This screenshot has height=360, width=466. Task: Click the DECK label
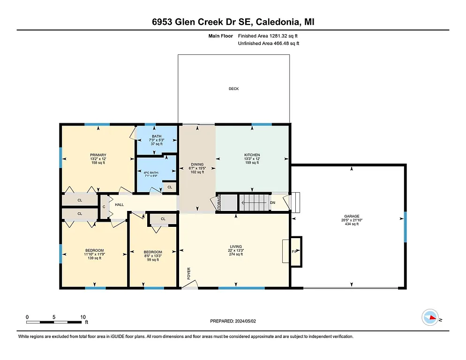click(233, 89)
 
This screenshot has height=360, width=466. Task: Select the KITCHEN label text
click(252, 155)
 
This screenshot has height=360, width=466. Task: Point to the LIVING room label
click(235, 247)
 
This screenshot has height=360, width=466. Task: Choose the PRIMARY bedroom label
click(98, 155)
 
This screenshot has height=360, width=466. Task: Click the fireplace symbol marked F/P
click(295, 252)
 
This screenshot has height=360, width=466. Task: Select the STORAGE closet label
click(219, 203)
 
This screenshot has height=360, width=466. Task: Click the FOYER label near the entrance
click(189, 274)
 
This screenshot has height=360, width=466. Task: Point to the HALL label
click(119, 204)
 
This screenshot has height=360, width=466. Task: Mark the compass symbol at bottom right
click(429, 318)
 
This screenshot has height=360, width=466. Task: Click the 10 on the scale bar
click(83, 317)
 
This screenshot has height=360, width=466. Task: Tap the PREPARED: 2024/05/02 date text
click(233, 321)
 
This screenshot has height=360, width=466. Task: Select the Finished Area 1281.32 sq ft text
click(268, 36)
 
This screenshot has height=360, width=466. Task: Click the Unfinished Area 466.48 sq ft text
click(268, 43)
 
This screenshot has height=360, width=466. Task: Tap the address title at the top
click(233, 22)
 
